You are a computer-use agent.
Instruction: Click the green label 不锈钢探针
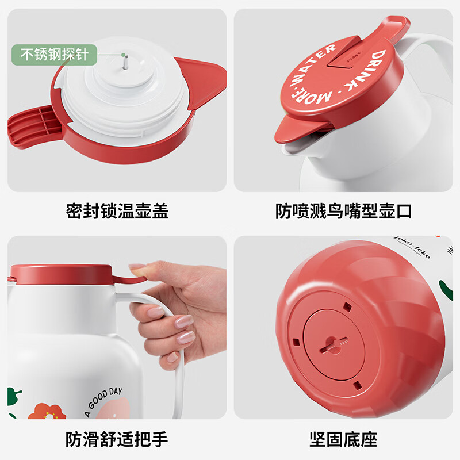tap(55, 55)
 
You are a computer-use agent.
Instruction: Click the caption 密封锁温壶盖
tap(117, 211)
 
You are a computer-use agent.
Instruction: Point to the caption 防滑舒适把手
tap(117, 440)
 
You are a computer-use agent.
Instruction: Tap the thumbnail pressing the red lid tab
tap(137, 267)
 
